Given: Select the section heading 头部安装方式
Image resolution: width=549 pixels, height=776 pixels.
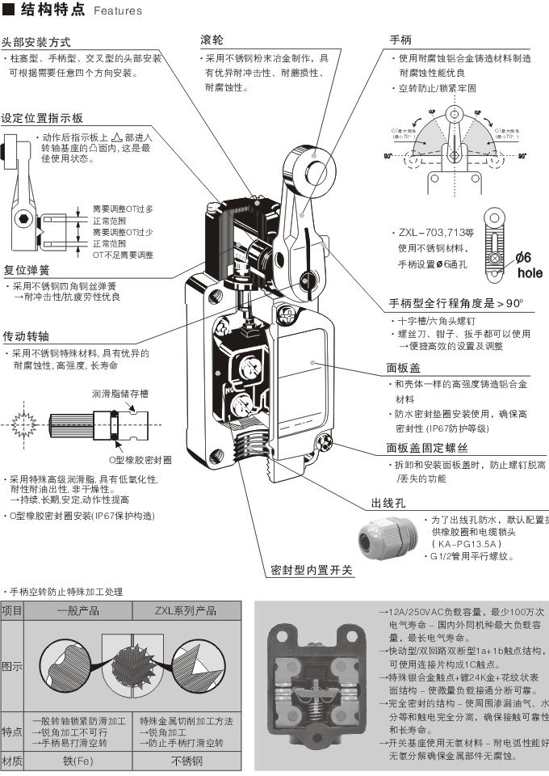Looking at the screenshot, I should pos(36,41).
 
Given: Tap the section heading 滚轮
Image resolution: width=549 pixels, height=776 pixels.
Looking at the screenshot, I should pos(212,39).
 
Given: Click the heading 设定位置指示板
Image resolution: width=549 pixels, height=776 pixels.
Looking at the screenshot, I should pos(42,117).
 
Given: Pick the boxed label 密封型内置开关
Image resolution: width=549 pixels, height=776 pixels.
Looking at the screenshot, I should pos(312,570).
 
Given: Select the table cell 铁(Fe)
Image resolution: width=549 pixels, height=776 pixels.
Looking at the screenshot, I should pos(79,761).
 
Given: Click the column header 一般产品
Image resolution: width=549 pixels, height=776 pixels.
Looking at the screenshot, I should pos(78,612).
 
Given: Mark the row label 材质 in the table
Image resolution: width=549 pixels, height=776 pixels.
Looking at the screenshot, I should pos(12,761).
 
